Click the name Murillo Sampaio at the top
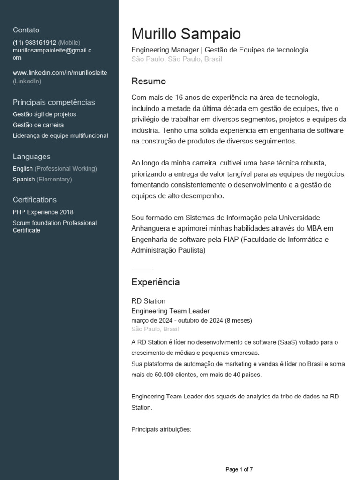point(186,34)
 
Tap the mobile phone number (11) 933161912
point(34,42)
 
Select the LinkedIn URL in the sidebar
point(60,73)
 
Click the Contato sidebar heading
point(26,30)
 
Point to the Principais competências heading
point(53,102)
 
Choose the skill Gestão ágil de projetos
point(44,114)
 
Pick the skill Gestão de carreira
point(38,125)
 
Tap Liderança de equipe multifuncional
point(60,136)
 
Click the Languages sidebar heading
point(31,157)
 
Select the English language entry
point(23,169)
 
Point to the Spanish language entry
point(23,180)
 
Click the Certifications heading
point(35,200)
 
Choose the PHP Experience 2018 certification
point(43,212)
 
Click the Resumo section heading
point(149,82)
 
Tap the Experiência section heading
point(155,282)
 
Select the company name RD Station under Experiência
point(148,301)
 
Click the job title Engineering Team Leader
point(170,311)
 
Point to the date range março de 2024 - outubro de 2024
point(191,321)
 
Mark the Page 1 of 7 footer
point(239,469)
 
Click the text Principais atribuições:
point(161,429)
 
